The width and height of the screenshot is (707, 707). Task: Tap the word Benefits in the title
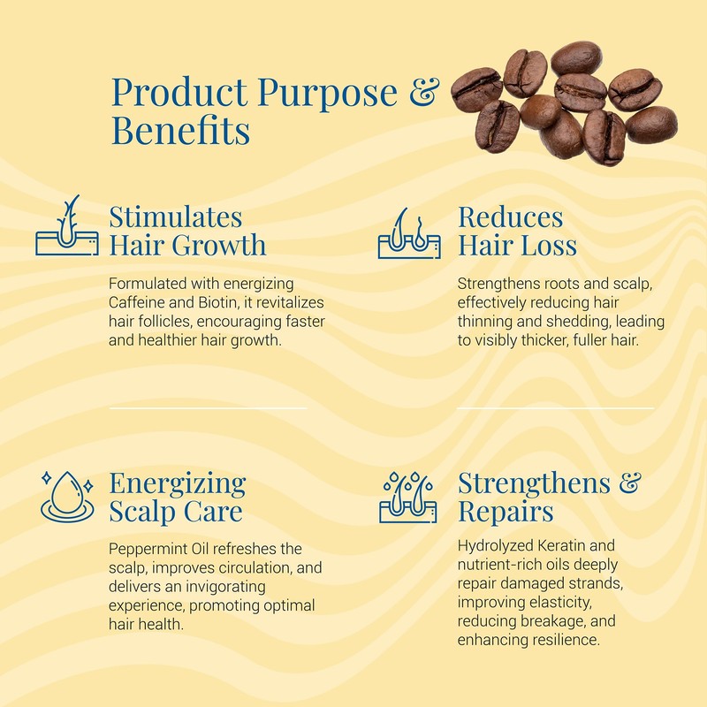click(x=180, y=132)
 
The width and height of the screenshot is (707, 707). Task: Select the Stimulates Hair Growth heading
click(x=187, y=231)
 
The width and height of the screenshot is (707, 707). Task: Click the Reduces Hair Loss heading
click(x=517, y=231)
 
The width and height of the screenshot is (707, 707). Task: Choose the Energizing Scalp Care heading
click(x=177, y=497)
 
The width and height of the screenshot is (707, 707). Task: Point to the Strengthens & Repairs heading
click(x=549, y=497)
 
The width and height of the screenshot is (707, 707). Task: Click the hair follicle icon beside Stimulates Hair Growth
click(x=67, y=227)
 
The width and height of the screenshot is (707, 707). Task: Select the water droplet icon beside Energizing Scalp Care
click(x=67, y=495)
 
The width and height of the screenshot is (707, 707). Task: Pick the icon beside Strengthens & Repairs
click(x=408, y=497)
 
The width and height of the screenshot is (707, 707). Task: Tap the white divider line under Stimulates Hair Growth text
click(x=208, y=408)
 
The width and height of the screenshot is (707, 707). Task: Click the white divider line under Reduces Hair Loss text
click(x=556, y=408)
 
